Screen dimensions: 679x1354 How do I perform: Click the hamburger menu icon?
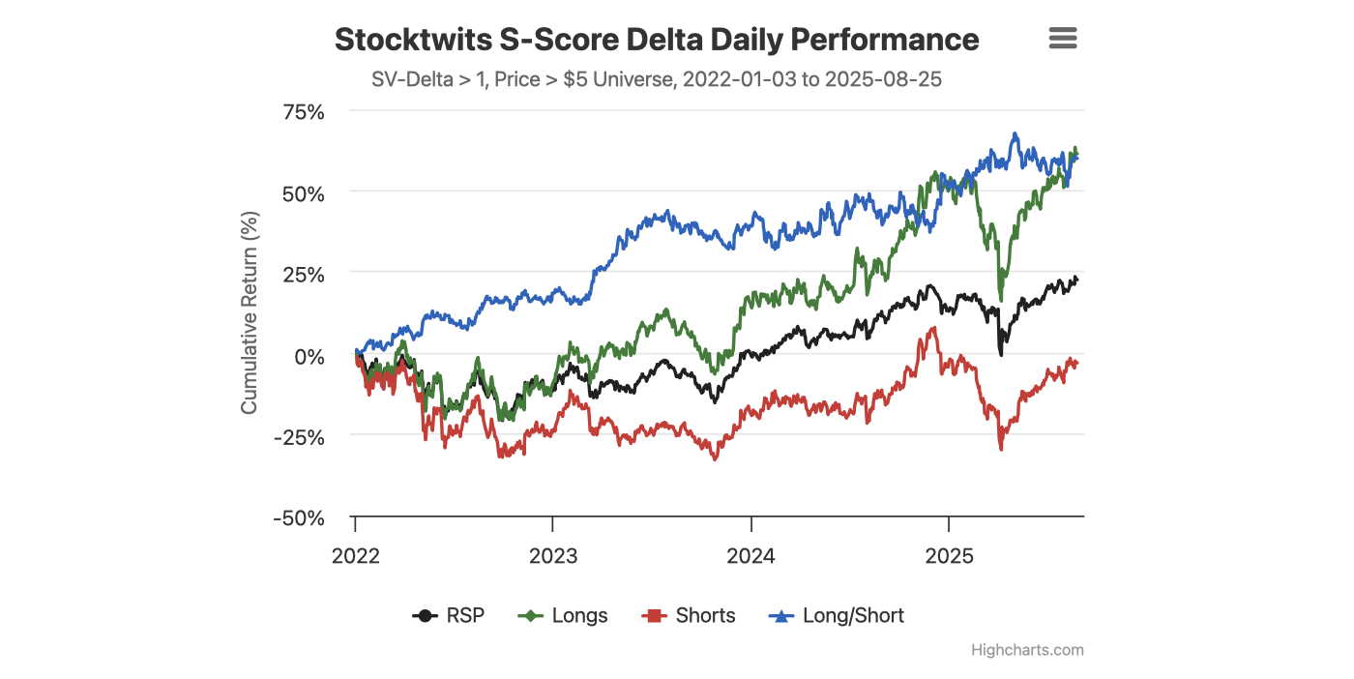(x=1062, y=39)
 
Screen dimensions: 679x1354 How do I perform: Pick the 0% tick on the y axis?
(x=309, y=356)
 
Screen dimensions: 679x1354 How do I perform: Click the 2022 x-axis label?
(x=355, y=556)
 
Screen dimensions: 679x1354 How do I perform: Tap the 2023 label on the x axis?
(x=552, y=556)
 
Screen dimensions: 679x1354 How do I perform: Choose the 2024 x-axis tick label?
(x=751, y=556)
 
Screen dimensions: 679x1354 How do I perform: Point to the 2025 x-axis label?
(x=949, y=556)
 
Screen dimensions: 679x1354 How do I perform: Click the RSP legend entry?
(x=449, y=616)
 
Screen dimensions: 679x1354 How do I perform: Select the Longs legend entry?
(x=565, y=616)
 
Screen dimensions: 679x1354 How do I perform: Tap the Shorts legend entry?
(x=689, y=616)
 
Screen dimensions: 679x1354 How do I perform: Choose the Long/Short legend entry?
(x=838, y=616)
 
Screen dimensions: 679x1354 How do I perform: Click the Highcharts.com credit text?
(x=1027, y=650)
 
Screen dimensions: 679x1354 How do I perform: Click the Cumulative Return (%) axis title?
(x=250, y=312)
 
